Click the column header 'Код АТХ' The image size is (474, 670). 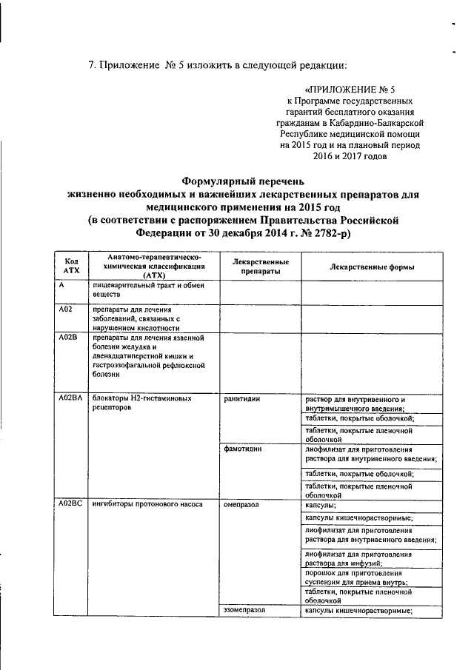(x=72, y=267)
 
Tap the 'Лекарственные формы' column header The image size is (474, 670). (x=371, y=267)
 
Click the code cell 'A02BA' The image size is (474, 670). (x=70, y=399)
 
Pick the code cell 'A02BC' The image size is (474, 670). (x=70, y=504)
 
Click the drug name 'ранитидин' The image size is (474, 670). (x=242, y=399)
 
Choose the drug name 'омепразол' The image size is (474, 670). (x=242, y=504)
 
